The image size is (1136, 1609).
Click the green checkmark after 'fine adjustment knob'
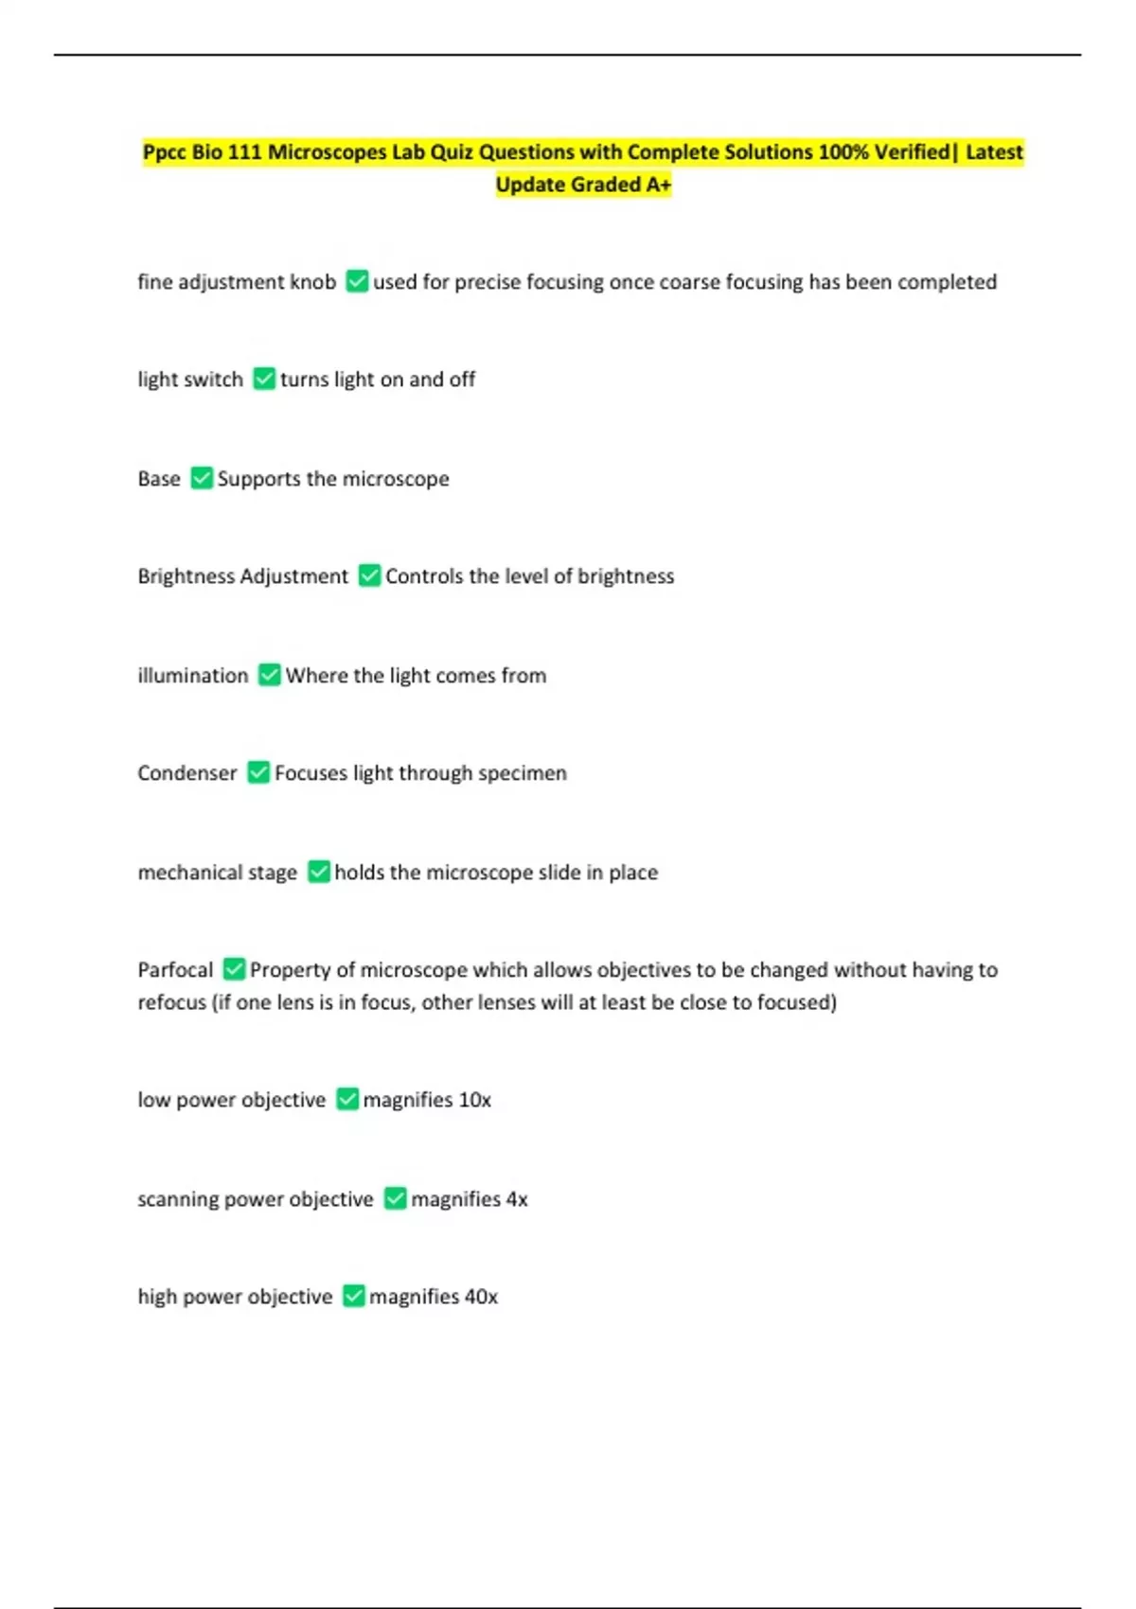pyautogui.click(x=357, y=281)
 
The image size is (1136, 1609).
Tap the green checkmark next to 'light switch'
pyautogui.click(x=264, y=379)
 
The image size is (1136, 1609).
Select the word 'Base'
pyautogui.click(x=159, y=479)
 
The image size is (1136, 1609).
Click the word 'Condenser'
pyautogui.click(x=187, y=773)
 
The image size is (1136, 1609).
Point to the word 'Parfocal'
pyautogui.click(x=175, y=970)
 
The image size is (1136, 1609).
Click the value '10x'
pyautogui.click(x=474, y=1100)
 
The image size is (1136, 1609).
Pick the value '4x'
pyautogui.click(x=517, y=1199)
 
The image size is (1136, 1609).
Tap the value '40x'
pyautogui.click(x=481, y=1297)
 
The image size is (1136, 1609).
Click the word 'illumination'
pyautogui.click(x=193, y=676)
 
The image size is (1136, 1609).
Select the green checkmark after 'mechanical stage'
pyautogui.click(x=319, y=872)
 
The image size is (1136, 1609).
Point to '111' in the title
pyautogui.click(x=244, y=152)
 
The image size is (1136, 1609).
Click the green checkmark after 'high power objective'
pyautogui.click(x=353, y=1296)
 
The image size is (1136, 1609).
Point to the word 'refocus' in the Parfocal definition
pyautogui.click(x=171, y=1002)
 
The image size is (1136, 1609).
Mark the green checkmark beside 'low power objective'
pyautogui.click(x=347, y=1099)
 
